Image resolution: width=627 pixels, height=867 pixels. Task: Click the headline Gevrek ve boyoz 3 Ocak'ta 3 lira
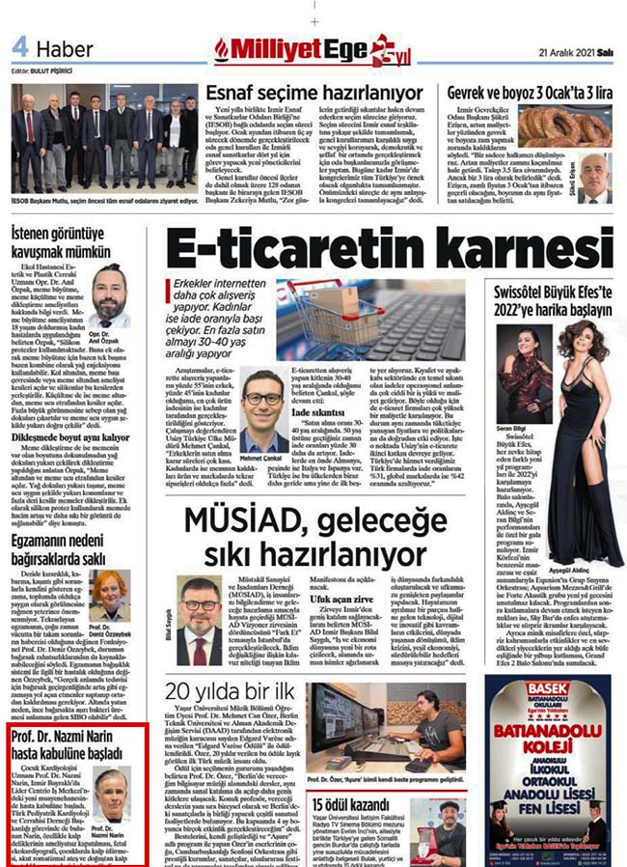coord(530,93)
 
